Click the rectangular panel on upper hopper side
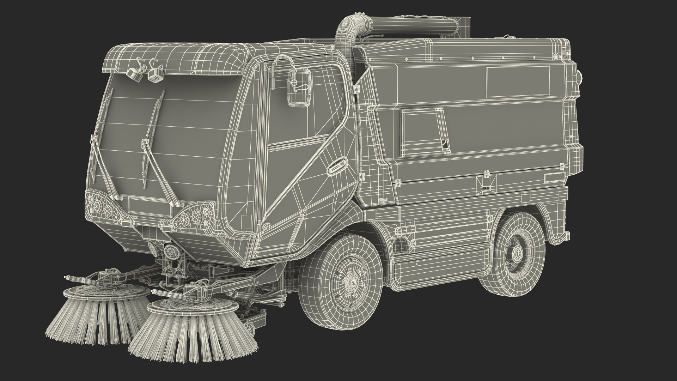click(x=518, y=82)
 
